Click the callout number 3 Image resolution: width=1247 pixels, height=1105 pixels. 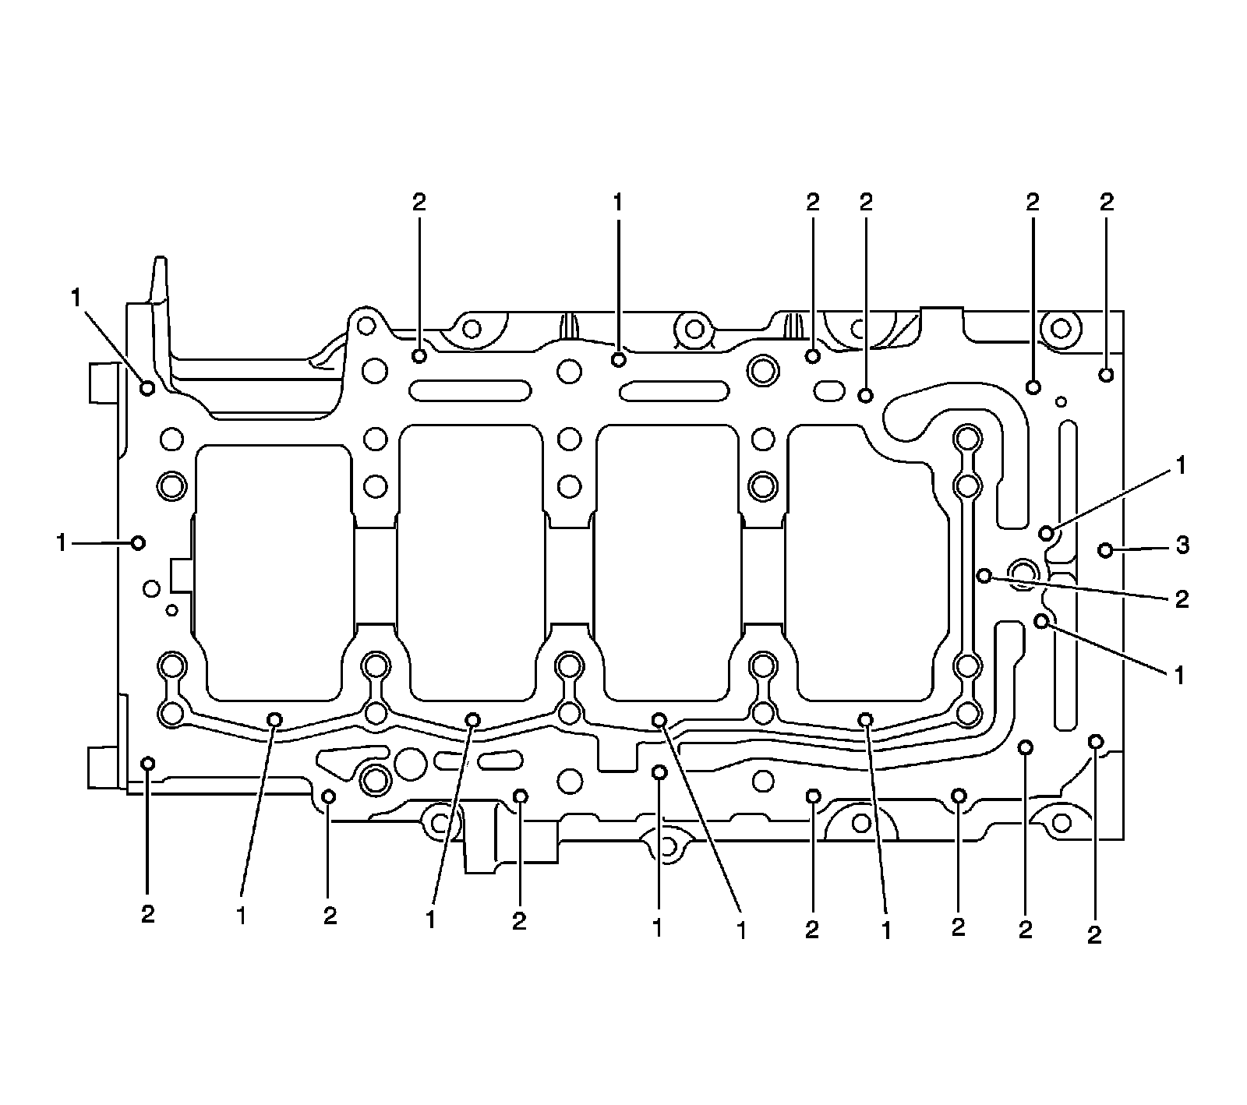click(x=1182, y=545)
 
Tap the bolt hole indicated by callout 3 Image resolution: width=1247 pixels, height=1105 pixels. click(x=1105, y=550)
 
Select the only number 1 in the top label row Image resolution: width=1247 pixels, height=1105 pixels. click(x=617, y=203)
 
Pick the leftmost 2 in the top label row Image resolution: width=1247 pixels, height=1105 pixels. click(x=419, y=203)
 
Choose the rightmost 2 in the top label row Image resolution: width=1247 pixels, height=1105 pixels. click(x=1106, y=203)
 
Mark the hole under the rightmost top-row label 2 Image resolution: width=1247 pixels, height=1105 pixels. click(x=1106, y=375)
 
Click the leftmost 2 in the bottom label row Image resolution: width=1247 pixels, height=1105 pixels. click(x=148, y=914)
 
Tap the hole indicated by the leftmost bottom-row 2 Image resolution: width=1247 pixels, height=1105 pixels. click(x=147, y=763)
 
